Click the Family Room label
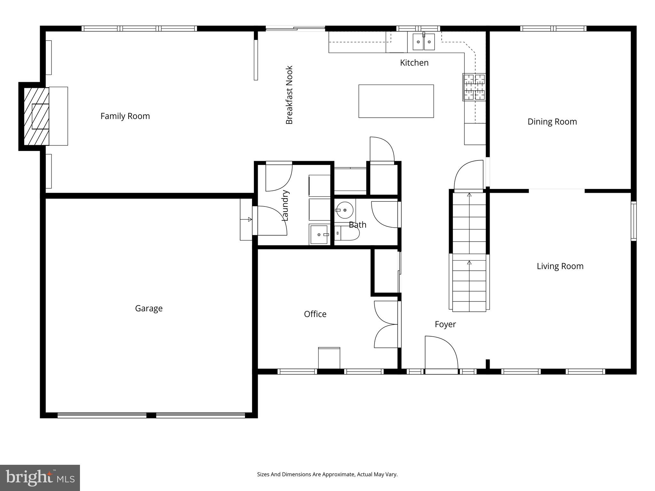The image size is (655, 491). tap(125, 116)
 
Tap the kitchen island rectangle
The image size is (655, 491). tap(396, 101)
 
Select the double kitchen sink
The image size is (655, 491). tap(423, 42)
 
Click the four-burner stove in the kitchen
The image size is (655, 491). tap(474, 87)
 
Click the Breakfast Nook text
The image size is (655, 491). tap(289, 95)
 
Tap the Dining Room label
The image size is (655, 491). tap(552, 122)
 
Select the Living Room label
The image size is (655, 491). tap(560, 266)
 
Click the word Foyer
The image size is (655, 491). tap(445, 324)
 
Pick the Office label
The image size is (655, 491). tap(315, 314)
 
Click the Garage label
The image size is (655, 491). tap(149, 308)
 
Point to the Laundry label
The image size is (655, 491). tap(285, 206)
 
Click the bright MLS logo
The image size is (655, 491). tap(40, 478)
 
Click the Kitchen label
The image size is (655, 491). tap(414, 63)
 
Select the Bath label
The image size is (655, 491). tap(357, 225)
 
